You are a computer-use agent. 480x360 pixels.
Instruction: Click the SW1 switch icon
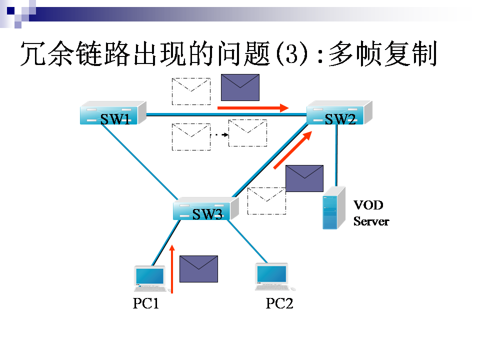pos(113,113)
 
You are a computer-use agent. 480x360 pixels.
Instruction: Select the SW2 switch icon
pos(339,113)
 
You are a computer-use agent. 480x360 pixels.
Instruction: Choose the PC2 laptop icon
pos(272,277)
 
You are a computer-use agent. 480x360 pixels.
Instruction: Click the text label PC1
pos(145,303)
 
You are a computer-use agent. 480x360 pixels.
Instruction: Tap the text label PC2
pos(279,303)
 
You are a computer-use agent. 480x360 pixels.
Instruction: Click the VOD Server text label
pos(370,213)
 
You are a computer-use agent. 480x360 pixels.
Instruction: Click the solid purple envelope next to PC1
pos(198,269)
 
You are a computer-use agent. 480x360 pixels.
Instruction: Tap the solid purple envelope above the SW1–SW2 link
pos(240,87)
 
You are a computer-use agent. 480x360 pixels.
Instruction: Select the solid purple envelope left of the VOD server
pos(304,178)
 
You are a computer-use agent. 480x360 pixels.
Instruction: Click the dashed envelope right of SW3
pos(266,200)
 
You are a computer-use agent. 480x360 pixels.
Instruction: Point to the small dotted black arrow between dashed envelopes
pos(219,135)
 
